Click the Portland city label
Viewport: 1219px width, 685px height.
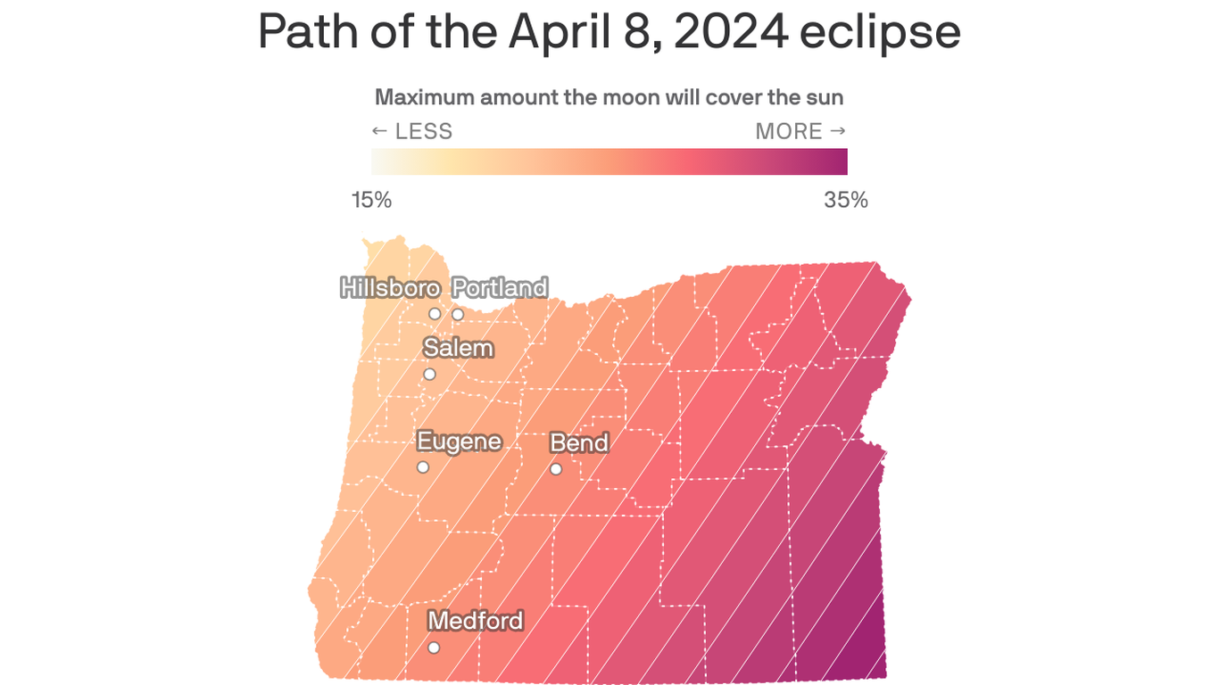click(500, 288)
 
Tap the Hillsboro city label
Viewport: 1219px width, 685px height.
click(390, 288)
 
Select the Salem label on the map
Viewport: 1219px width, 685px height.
click(459, 348)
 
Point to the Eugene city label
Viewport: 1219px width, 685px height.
click(459, 442)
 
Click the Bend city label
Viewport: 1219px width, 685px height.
click(579, 443)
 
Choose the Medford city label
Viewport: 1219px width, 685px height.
click(476, 620)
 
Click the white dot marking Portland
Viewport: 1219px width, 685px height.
click(458, 314)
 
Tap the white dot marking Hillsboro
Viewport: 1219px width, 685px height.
click(435, 314)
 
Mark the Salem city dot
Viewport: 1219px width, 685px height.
click(429, 375)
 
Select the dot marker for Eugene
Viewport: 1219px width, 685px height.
click(423, 467)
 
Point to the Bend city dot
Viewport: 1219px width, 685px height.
click(556, 469)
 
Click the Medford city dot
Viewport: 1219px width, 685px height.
click(434, 648)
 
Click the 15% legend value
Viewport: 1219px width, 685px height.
click(371, 200)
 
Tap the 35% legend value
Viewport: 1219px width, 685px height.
click(846, 200)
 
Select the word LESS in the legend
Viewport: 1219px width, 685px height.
click(424, 132)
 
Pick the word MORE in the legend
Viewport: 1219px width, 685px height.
click(789, 132)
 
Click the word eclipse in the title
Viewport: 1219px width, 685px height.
click(880, 32)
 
